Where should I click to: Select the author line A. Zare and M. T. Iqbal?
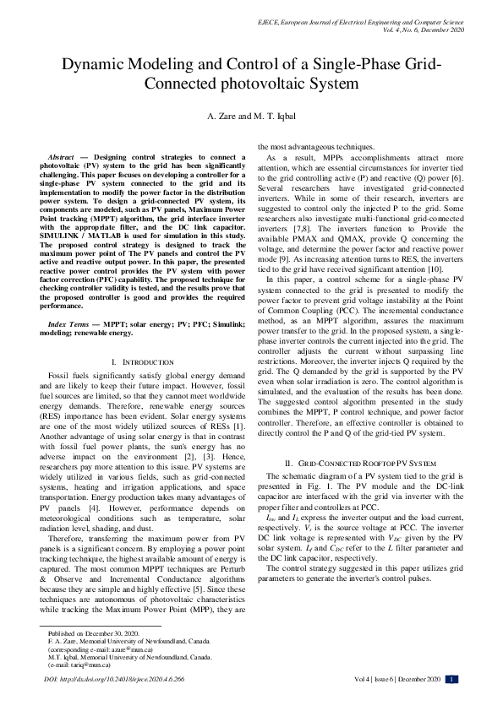(x=251, y=116)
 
